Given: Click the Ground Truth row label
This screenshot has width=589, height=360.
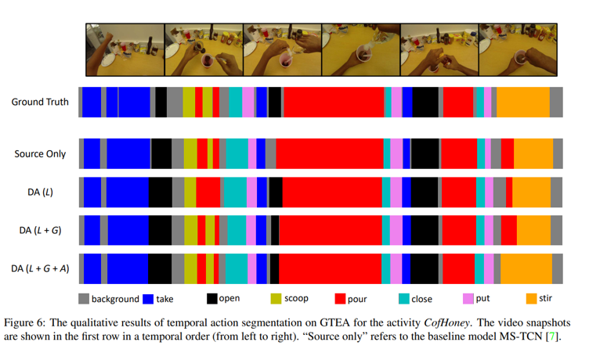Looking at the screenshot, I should click(40, 102).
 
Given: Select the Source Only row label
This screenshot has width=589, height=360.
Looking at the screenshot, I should click(40, 154).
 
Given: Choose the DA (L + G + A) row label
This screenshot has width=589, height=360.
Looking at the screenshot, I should click(41, 268).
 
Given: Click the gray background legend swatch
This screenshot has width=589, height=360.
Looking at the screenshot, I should click(83, 299).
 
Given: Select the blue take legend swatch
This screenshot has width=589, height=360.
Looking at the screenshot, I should click(147, 299).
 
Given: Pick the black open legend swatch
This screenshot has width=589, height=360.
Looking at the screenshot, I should click(211, 299).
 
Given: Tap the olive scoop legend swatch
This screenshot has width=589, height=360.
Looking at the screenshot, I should click(276, 299).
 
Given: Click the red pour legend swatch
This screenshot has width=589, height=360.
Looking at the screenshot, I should click(340, 299).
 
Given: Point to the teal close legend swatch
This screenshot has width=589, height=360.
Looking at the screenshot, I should click(404, 299).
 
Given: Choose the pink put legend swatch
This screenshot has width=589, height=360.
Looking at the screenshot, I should click(468, 299).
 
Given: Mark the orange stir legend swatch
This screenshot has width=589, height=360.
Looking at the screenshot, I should click(532, 299).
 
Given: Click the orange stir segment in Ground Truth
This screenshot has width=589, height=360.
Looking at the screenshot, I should click(522, 102).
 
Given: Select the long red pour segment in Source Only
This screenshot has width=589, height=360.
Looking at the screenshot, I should click(329, 153).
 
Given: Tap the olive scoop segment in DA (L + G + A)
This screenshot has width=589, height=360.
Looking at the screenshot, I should click(190, 268).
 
